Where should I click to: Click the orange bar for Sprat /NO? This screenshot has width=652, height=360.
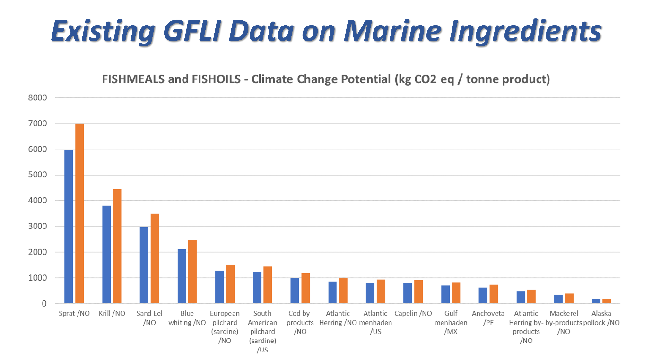[79, 213]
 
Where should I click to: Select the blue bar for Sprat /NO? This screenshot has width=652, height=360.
[69, 227]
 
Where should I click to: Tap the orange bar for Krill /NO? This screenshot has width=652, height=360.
[117, 246]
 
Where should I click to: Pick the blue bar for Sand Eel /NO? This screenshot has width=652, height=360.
[144, 265]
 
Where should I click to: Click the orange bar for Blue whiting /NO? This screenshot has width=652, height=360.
[192, 272]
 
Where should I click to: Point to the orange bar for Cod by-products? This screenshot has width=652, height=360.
[305, 288]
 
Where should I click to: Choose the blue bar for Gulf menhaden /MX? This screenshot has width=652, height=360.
[445, 294]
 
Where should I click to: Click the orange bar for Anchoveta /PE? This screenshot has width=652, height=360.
[494, 294]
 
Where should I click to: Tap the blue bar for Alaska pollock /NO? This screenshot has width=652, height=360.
[596, 301]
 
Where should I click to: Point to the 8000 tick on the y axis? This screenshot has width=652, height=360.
[37, 98]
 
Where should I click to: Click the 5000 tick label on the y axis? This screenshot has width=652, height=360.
[37, 175]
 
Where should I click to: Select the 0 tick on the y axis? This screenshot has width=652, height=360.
[44, 304]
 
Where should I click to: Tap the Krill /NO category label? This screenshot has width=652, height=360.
[112, 314]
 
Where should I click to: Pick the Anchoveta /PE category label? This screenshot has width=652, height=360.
[488, 318]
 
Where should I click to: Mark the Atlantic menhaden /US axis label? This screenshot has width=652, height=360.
[375, 322]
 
